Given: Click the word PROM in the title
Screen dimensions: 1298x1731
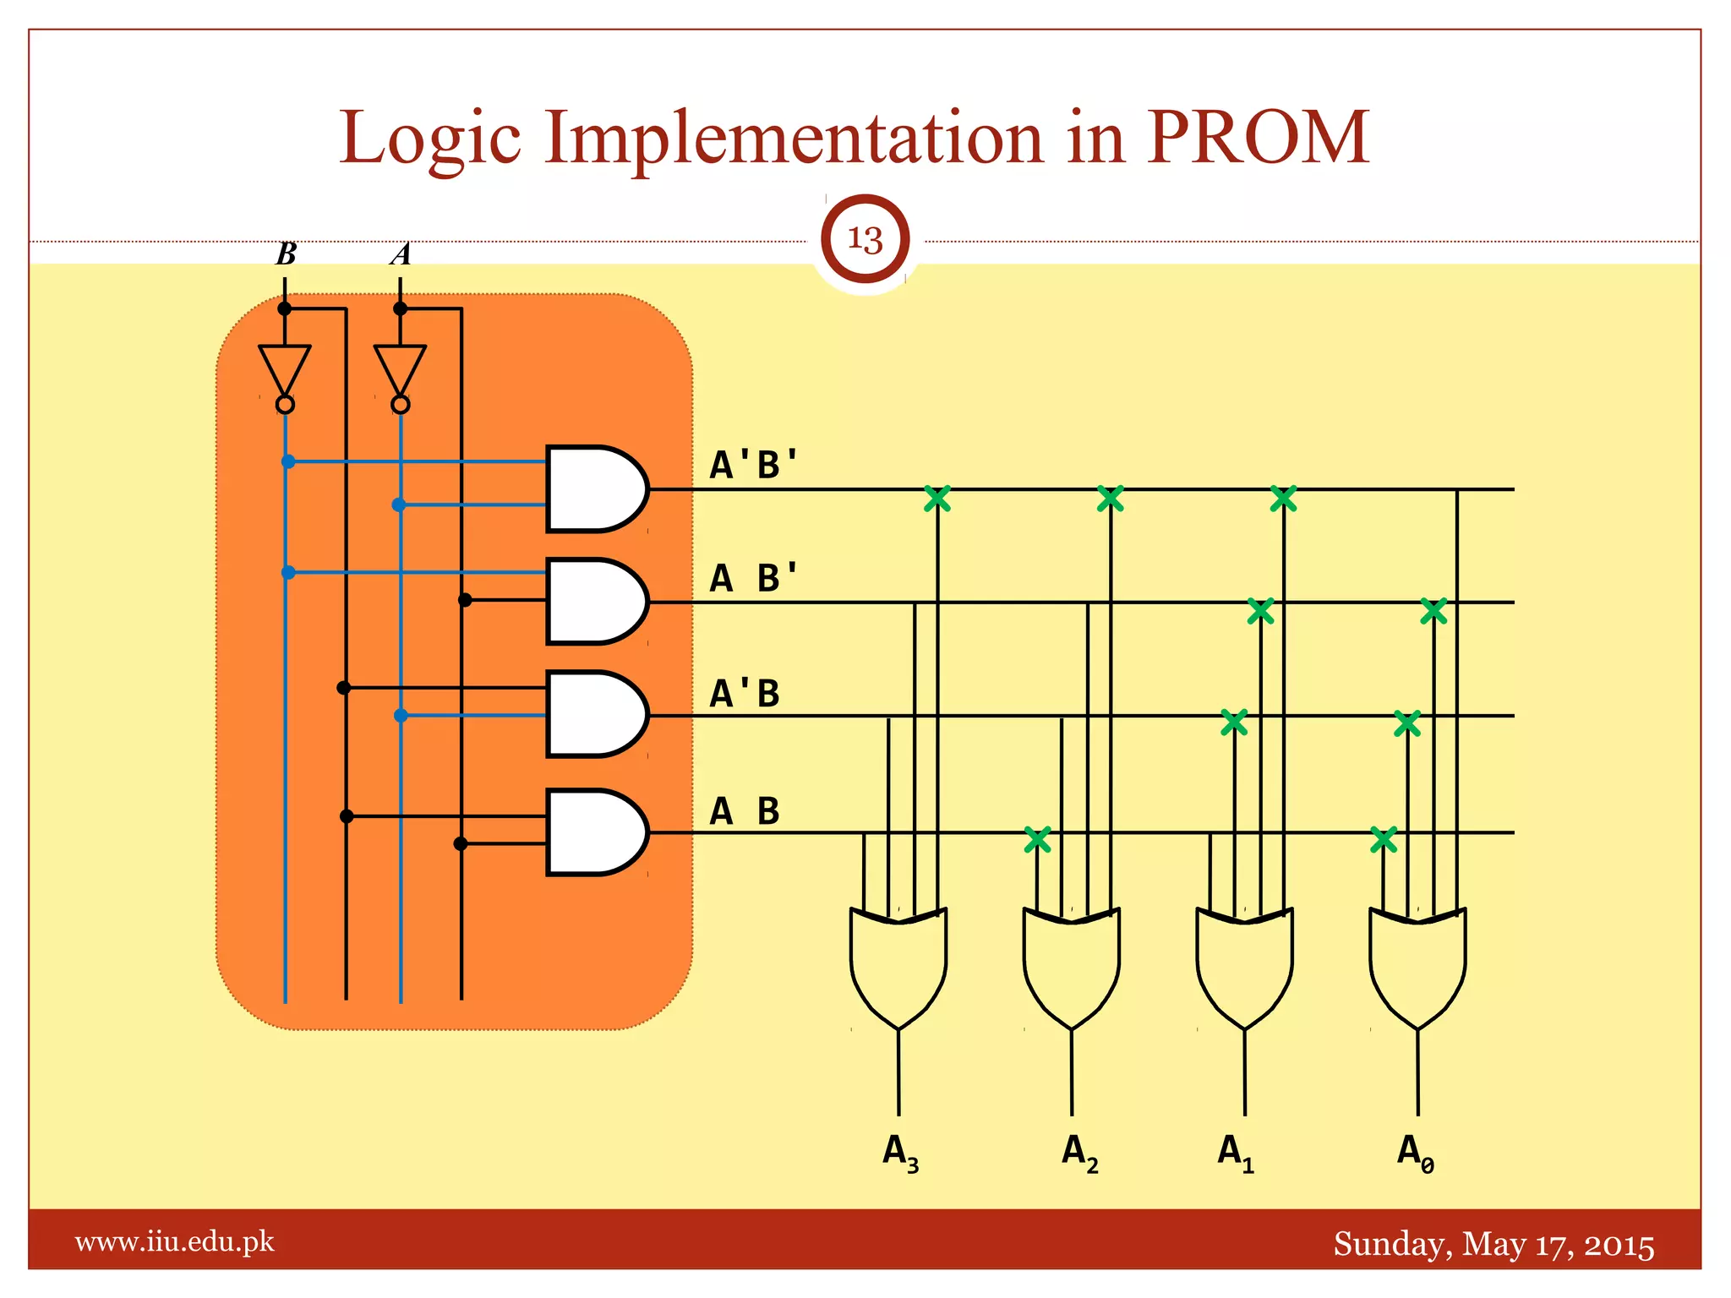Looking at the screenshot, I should (x=1257, y=137).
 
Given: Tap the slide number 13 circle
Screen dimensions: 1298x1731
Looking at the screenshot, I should (x=865, y=239).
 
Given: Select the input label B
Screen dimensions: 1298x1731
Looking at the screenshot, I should (x=287, y=254).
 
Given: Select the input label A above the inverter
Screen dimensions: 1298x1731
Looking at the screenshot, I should (x=401, y=254).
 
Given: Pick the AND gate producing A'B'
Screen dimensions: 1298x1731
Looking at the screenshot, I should (x=594, y=489).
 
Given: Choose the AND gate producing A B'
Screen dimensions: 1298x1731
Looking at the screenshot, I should (x=594, y=602).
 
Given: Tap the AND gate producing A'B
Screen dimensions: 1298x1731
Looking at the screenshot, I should (x=594, y=715).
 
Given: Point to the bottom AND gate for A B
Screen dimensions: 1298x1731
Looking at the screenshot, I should (x=594, y=832).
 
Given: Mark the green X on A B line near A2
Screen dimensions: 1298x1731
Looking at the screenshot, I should (x=1037, y=839).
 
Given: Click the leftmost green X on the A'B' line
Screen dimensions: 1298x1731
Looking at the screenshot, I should (x=937, y=499).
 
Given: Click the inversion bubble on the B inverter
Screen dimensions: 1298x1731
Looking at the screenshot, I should (x=286, y=405).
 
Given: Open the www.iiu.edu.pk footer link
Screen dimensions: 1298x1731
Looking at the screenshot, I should (x=175, y=1242).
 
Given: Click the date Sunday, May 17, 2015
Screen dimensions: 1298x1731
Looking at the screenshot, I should (x=1493, y=1245).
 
